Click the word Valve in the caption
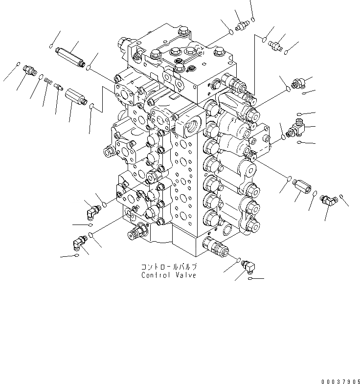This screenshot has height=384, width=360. [186, 275]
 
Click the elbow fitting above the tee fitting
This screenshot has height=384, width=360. [296, 84]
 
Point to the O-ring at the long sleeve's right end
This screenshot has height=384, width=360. [88, 68]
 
